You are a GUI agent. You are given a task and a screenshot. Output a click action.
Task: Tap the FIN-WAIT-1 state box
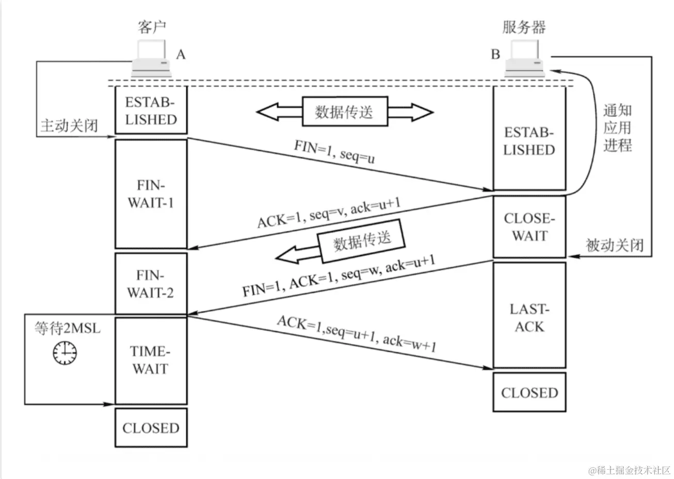[151, 194]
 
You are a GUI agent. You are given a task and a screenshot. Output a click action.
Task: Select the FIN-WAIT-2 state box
[151, 283]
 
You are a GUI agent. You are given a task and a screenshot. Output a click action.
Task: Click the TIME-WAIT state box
[151, 360]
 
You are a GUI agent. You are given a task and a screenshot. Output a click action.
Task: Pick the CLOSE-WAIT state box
[529, 227]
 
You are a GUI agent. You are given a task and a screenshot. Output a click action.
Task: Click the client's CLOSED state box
[151, 428]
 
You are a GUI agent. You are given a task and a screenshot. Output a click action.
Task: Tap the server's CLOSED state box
[529, 392]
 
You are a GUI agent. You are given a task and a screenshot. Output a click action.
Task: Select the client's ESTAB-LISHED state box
[151, 110]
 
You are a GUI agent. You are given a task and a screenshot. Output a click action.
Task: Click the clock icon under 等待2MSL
[65, 352]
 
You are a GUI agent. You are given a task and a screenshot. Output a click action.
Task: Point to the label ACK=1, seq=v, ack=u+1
[329, 212]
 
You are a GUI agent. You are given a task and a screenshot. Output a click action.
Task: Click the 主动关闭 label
[69, 125]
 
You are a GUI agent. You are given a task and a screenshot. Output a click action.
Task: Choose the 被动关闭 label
[614, 244]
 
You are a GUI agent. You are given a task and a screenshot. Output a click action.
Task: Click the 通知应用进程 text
[617, 127]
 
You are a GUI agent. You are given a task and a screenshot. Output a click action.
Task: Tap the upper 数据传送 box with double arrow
[344, 111]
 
